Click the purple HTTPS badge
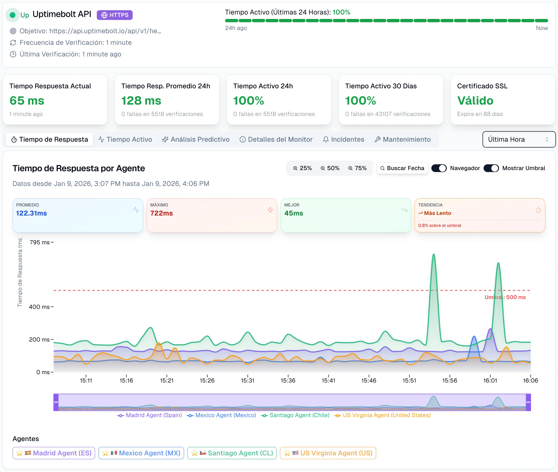(114, 15)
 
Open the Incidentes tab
(343, 139)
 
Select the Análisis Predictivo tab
(196, 139)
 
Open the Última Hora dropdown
(519, 139)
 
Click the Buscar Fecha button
(402, 168)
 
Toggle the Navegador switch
(439, 168)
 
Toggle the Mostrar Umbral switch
(491, 168)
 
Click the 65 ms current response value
(27, 101)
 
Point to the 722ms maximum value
(161, 213)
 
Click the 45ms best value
(294, 213)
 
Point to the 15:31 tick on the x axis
(247, 380)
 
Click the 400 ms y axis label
(39, 307)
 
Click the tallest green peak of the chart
(433, 255)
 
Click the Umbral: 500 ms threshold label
(505, 297)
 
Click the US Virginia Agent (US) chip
(328, 453)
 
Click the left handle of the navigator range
(56, 402)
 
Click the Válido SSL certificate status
(475, 101)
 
